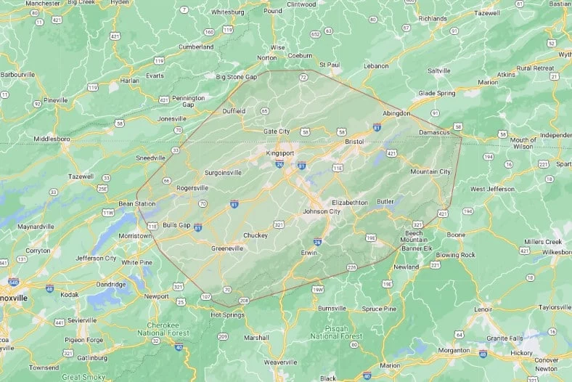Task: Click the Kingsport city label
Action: [280, 153]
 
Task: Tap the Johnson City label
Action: [322, 211]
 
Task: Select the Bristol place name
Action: [354, 141]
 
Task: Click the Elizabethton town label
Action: [349, 202]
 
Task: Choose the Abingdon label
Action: [396, 113]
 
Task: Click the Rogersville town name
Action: [192, 187]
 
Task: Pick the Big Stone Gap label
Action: [237, 76]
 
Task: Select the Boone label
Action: [456, 235]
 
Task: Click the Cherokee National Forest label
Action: [163, 328]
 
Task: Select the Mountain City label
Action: [430, 171]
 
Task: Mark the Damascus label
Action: [435, 132]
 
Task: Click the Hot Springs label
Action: [225, 314]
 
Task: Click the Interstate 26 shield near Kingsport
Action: [279, 165]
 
